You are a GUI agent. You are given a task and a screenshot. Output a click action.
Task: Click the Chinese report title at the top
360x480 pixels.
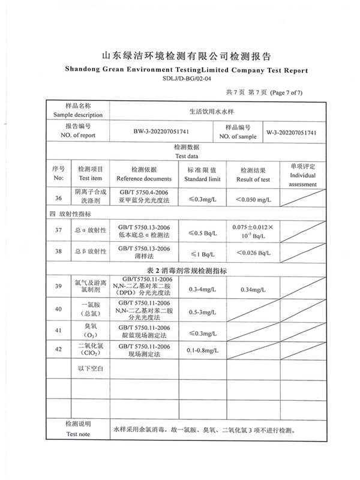[187, 58]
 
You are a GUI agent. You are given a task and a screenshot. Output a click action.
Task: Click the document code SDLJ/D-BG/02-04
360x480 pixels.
[187, 78]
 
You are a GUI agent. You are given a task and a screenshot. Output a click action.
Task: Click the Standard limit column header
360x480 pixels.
[202, 175]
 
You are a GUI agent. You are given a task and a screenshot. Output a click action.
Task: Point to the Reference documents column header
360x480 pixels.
[143, 175]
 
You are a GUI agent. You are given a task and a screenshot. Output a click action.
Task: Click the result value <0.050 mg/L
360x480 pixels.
[253, 199]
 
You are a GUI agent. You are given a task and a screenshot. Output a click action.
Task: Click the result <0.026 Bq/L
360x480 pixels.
[253, 252]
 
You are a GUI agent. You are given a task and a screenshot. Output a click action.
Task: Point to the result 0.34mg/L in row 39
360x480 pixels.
[253, 290]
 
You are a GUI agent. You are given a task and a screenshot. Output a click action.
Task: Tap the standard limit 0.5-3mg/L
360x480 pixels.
[202, 312]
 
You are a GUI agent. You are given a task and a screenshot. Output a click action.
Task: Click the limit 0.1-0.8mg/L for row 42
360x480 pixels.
[202, 350]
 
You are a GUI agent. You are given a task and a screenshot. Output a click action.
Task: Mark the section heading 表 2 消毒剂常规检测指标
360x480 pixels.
[187, 271]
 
